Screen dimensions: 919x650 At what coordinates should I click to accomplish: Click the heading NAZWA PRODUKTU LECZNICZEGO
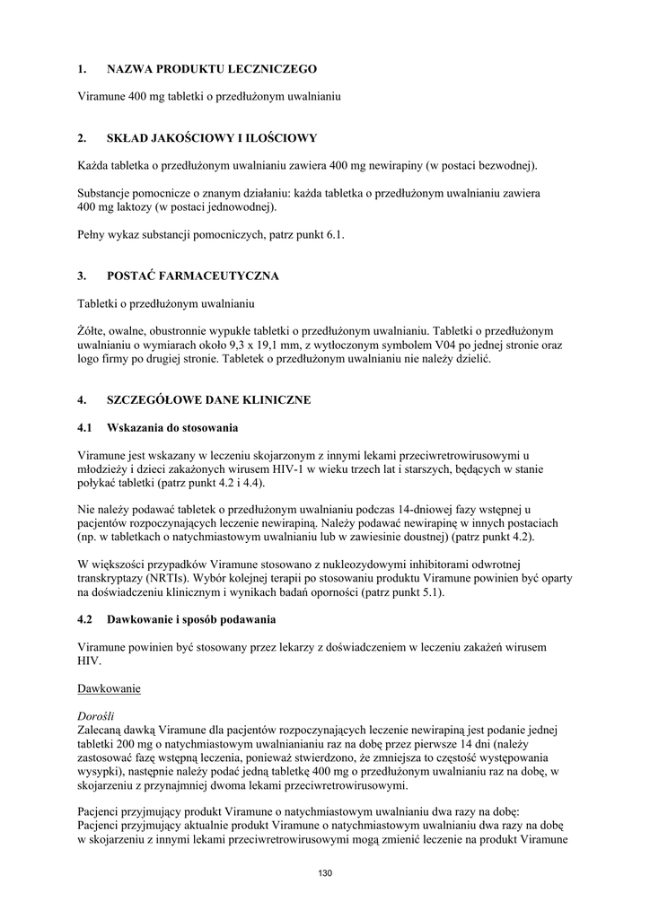(211, 68)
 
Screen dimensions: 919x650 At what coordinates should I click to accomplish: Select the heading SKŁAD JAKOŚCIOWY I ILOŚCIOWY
(211, 138)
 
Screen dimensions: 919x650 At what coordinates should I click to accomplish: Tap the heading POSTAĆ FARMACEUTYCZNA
(192, 276)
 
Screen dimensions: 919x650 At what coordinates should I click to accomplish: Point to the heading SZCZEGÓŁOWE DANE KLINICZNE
(208, 399)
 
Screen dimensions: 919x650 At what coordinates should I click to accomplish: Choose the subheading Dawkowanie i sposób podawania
(190, 619)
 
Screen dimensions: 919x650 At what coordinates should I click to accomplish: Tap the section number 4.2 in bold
(85, 619)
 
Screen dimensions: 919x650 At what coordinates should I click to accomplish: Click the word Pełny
(93, 234)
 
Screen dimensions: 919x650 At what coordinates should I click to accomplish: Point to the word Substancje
(109, 193)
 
